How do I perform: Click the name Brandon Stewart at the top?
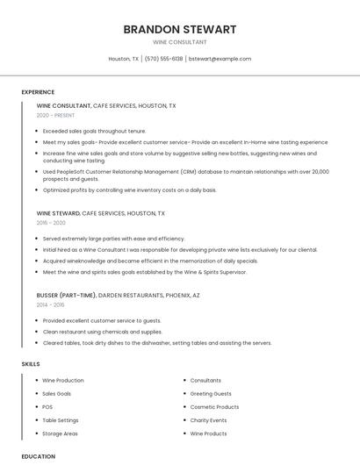point(179,29)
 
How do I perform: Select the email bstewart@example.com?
point(220,59)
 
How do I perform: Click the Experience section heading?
point(38,91)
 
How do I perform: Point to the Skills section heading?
point(31,363)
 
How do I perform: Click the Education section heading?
point(38,456)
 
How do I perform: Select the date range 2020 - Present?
point(55,115)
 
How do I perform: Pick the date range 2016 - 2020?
point(51,223)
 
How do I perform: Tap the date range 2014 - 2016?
point(51,304)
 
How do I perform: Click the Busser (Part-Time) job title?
point(67,295)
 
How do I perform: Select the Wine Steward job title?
point(58,213)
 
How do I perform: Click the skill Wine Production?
point(63,380)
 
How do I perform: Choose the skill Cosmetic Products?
point(214,407)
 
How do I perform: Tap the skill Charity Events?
point(209,420)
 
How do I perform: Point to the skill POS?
point(47,407)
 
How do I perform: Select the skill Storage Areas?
point(60,433)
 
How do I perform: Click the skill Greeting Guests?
point(211,394)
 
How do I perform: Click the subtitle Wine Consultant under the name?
point(179,42)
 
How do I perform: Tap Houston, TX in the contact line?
point(123,59)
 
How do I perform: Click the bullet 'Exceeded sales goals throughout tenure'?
point(94,131)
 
